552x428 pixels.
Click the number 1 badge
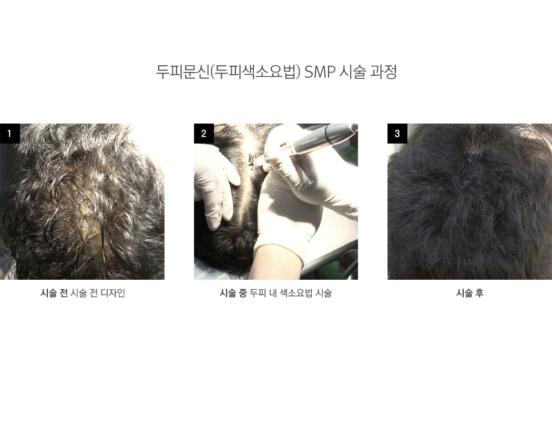[x=10, y=134]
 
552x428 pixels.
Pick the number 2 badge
[x=204, y=134]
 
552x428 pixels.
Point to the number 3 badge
[x=397, y=134]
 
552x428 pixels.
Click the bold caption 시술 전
[x=54, y=293]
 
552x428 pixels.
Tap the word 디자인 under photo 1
[x=113, y=293]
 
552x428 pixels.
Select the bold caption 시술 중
[x=233, y=293]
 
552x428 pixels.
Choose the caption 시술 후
[x=470, y=293]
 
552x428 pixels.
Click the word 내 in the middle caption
[x=273, y=293]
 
